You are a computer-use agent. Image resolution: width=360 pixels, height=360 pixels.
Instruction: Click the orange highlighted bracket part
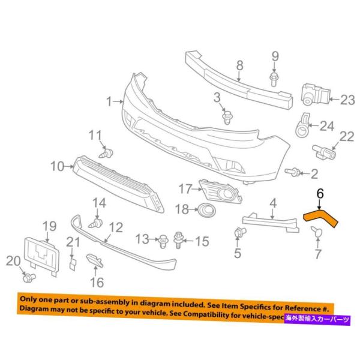coord(322,218)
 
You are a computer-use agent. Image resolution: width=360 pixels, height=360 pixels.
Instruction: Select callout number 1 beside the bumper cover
coord(109,102)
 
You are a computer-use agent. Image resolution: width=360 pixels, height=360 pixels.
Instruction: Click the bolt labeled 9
coord(275,77)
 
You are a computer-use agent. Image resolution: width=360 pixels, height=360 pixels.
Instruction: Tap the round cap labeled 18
coord(207,209)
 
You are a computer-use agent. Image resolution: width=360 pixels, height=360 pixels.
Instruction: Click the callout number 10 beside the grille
coord(58,166)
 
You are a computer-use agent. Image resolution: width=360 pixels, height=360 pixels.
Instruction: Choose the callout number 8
coord(239,66)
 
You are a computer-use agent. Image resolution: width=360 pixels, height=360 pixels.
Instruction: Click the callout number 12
coord(115,227)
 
